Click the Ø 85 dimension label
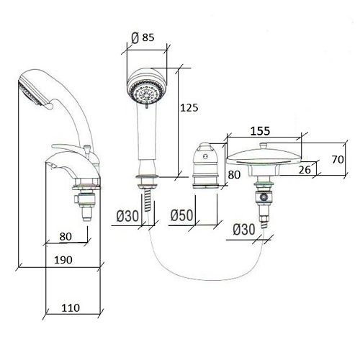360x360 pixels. (x=143, y=37)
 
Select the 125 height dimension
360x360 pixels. (x=189, y=108)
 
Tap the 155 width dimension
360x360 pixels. (x=260, y=131)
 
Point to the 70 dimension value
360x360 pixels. (x=338, y=160)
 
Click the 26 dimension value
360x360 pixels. (x=305, y=170)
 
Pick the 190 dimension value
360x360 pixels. (x=63, y=260)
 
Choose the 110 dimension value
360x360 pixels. (x=71, y=308)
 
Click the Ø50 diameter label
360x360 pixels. (x=182, y=215)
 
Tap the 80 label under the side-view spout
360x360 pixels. (x=66, y=237)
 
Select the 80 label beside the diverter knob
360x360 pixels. (x=234, y=175)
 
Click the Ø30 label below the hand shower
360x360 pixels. (x=127, y=216)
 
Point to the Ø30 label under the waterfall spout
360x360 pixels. (x=244, y=230)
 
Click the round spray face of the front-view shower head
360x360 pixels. (x=147, y=93)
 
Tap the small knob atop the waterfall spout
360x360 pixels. (x=263, y=145)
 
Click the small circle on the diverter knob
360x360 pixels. (x=205, y=157)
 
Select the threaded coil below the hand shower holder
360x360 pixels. (x=148, y=199)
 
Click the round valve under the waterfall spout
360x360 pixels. (x=264, y=197)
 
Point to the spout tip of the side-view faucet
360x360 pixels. (x=48, y=163)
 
